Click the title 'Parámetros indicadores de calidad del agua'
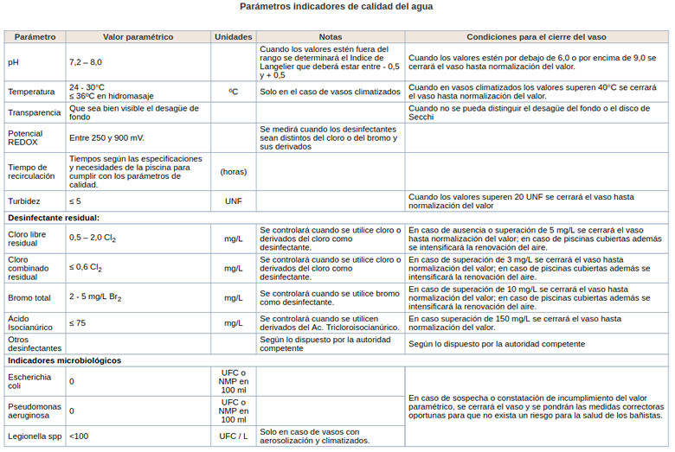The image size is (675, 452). click(337, 7)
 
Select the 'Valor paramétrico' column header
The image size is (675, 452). click(138, 37)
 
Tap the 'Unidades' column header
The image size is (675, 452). click(234, 37)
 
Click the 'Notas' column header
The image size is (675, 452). click(330, 37)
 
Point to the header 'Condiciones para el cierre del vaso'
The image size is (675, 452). click(536, 37)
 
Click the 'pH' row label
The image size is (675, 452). click(13, 62)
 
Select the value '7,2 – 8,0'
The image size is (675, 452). click(86, 62)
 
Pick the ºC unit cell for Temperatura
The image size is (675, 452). click(234, 91)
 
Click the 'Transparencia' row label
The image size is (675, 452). click(35, 112)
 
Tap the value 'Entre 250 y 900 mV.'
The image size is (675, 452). click(106, 137)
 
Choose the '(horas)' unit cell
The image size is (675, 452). click(234, 171)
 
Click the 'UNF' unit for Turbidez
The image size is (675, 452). click(234, 201)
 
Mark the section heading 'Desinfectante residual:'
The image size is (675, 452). click(53, 218)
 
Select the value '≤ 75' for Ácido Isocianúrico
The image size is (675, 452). click(78, 323)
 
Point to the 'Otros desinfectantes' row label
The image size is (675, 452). click(29, 343)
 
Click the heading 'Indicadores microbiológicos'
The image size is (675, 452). click(64, 360)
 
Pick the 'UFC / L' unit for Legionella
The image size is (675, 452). click(234, 436)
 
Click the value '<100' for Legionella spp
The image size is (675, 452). click(79, 436)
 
